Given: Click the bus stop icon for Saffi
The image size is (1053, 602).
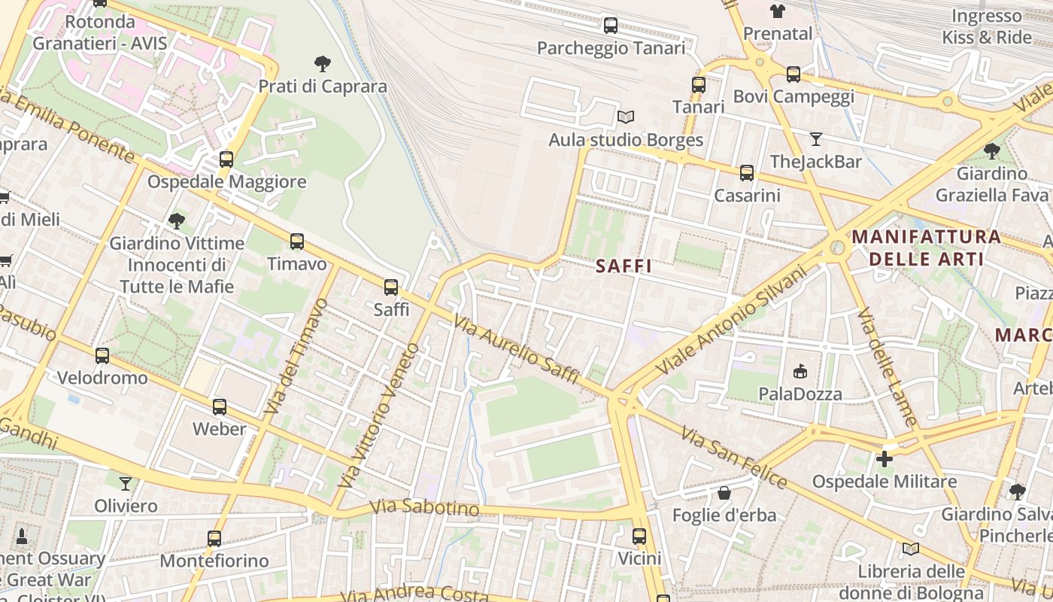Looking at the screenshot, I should pos(390,287).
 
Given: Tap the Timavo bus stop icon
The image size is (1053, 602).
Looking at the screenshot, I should pos(297,242).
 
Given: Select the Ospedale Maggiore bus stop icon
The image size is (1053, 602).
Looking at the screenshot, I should pos(226,159).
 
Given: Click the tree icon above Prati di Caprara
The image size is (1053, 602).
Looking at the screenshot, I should pos(323,63).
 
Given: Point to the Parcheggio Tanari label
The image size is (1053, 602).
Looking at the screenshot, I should pos(611,48).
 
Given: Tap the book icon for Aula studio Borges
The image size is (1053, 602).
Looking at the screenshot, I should pos(625,117).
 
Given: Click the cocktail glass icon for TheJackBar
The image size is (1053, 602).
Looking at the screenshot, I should pos(815,138).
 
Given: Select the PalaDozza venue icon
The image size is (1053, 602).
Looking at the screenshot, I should pos(800,371).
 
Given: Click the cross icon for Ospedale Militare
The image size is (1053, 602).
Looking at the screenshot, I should pos(885,458).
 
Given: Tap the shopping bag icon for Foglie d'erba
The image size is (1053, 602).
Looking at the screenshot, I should pos(724,493).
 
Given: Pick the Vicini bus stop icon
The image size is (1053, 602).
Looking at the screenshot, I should pos(639,536).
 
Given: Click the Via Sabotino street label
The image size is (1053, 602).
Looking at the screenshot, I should pos(425,508).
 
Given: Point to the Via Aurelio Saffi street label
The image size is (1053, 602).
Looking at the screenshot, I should pos(515,349).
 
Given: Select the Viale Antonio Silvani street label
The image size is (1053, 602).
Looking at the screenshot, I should pos(730,320).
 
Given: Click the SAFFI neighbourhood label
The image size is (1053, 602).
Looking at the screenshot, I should pos(624,266).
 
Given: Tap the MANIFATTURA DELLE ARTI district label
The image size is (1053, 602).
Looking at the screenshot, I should pos(926,248).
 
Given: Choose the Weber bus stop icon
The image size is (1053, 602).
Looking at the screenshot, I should pos(219,406).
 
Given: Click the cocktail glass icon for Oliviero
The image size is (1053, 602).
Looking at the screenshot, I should pos(126,483).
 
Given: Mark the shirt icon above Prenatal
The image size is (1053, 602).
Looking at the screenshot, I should pos(777,11).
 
